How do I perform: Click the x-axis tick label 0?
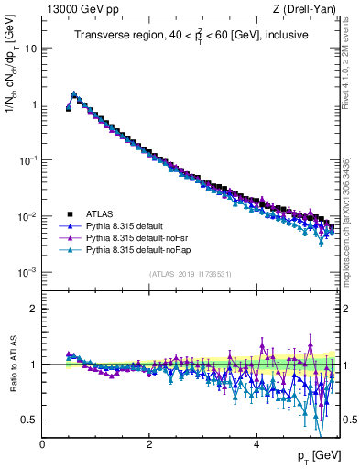click(x=42, y=444)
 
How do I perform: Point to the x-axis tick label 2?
click(x=149, y=444)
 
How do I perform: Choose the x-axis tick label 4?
click(x=256, y=444)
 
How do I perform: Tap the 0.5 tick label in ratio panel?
click(x=28, y=420)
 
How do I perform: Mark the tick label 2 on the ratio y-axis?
click(x=34, y=309)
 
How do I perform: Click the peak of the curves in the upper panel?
click(x=73, y=93)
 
